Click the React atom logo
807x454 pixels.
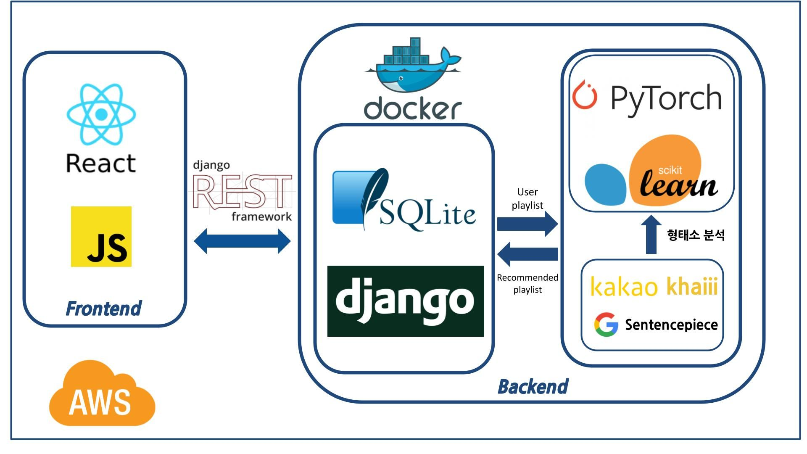click(101, 114)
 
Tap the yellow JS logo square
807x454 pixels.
click(101, 237)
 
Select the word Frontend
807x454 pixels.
click(103, 309)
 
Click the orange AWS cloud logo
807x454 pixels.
click(102, 393)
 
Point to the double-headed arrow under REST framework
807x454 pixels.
click(242, 241)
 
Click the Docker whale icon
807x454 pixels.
click(413, 65)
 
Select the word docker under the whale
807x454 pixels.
click(413, 108)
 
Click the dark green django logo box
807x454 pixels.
click(406, 301)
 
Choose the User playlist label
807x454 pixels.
click(527, 198)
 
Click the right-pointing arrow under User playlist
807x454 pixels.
click(527, 224)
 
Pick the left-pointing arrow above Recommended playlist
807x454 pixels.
click(527, 254)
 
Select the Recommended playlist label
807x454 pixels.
click(527, 283)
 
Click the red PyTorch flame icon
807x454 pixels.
click(585, 95)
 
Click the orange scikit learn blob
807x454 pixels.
click(666, 170)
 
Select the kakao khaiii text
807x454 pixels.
click(654, 286)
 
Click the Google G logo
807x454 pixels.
click(606, 325)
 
